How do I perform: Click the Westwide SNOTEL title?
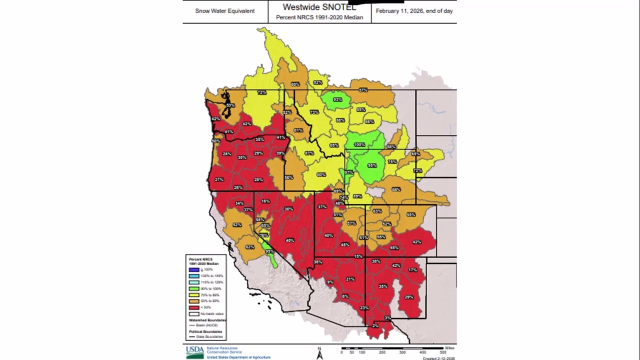tap(319, 7)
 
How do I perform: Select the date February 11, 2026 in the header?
tap(414, 11)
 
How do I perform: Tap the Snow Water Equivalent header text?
tap(224, 11)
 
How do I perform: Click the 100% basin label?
tap(359, 144)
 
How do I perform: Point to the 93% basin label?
tap(337, 99)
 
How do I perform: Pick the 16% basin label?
tap(265, 201)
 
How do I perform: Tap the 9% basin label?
tap(330, 282)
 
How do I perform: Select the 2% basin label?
tap(375, 325)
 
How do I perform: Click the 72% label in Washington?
tap(261, 92)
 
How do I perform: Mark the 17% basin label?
tap(412, 270)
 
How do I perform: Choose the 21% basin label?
tap(350, 279)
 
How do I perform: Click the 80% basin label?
tap(321, 174)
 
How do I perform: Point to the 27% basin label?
tap(219, 179)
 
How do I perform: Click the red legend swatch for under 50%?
tap(194, 308)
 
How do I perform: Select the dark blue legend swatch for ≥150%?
tap(194, 269)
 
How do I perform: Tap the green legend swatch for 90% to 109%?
tap(194, 289)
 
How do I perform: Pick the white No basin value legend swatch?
tap(194, 314)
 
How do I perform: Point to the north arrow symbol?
tap(319, 353)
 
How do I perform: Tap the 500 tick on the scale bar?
tap(443, 352)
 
